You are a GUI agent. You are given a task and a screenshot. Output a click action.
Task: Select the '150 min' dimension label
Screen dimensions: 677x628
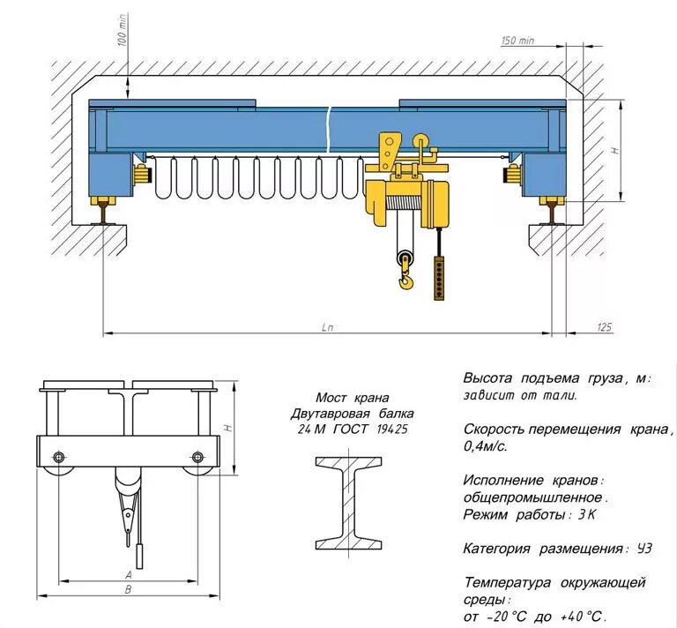pyautogui.click(x=518, y=41)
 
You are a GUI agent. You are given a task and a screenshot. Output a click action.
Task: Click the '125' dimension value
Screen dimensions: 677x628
pyautogui.click(x=603, y=328)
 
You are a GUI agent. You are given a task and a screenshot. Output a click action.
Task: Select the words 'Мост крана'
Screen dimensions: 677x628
pyautogui.click(x=352, y=398)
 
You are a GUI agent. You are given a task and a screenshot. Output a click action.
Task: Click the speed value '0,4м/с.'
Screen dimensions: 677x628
pyautogui.click(x=486, y=446)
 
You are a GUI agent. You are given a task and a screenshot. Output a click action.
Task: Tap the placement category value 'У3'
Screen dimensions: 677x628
pyautogui.click(x=644, y=549)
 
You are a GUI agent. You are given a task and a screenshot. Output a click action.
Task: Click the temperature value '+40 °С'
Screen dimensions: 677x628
pyautogui.click(x=582, y=617)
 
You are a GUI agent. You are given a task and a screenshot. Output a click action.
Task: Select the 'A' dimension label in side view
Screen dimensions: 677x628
pyautogui.click(x=129, y=574)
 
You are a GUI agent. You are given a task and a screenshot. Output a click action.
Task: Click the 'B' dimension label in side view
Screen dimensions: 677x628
pyautogui.click(x=129, y=590)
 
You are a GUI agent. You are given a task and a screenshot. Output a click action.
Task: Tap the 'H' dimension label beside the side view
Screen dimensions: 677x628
pyautogui.click(x=227, y=428)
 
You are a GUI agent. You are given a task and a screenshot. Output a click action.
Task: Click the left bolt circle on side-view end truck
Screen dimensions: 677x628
pyautogui.click(x=59, y=457)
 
